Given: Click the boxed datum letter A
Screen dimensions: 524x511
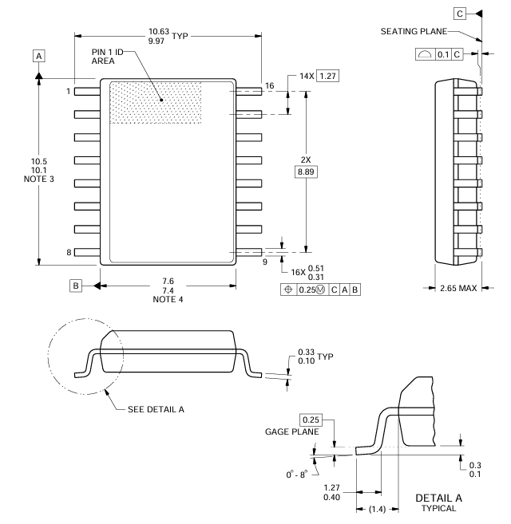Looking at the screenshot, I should click(x=38, y=56).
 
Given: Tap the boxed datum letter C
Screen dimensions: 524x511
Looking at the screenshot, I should click(x=460, y=14).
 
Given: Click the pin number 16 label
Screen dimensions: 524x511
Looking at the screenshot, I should click(x=269, y=85).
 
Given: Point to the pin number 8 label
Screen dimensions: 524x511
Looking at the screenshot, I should click(x=69, y=253).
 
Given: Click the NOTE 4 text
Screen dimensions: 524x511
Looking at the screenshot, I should click(x=166, y=299).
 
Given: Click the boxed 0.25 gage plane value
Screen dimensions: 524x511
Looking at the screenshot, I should click(x=312, y=419).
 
